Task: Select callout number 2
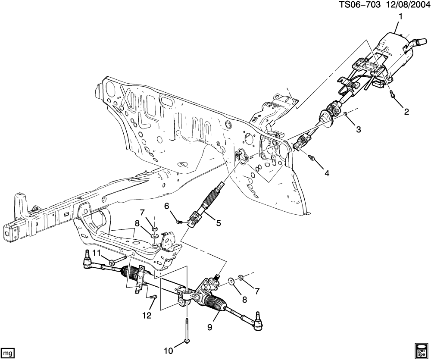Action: [x=406, y=112]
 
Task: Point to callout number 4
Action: [x=327, y=173]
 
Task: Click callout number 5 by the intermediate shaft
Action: [x=219, y=223]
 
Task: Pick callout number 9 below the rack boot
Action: [x=210, y=327]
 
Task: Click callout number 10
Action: [x=168, y=351]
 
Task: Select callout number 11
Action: [x=97, y=252]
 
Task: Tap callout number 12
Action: [x=147, y=316]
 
